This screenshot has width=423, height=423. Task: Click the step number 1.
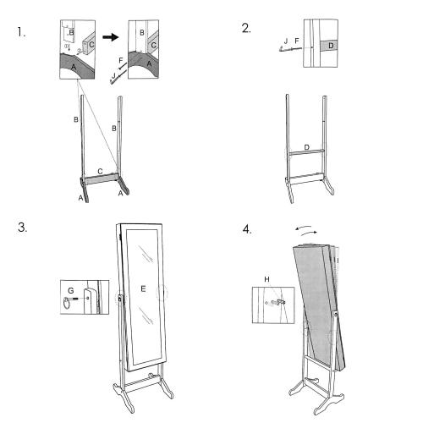point(21,32)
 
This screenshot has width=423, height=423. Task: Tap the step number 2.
point(246,28)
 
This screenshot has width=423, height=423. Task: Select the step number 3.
point(22,228)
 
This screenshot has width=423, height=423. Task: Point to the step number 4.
point(247,229)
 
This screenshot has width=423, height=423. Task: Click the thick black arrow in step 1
point(110,37)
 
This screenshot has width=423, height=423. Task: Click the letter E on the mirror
point(143,288)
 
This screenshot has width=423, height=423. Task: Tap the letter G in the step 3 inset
point(71,290)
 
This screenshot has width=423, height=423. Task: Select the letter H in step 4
point(266,279)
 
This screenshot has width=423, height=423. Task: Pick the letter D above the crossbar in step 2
point(307,147)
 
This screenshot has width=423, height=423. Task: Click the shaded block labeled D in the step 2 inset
point(329,46)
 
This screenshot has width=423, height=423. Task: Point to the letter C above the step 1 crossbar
point(100,171)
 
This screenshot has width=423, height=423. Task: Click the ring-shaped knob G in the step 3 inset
point(67,303)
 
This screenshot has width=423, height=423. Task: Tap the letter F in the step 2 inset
point(297,41)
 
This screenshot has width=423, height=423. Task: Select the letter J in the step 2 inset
point(286,41)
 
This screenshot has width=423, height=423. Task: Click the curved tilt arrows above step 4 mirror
point(306,230)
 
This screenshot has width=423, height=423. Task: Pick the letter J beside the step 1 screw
point(113,75)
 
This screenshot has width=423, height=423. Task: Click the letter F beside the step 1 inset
point(121,61)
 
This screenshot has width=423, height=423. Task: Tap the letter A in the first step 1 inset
point(74,68)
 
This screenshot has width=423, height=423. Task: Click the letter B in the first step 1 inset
point(71,32)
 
